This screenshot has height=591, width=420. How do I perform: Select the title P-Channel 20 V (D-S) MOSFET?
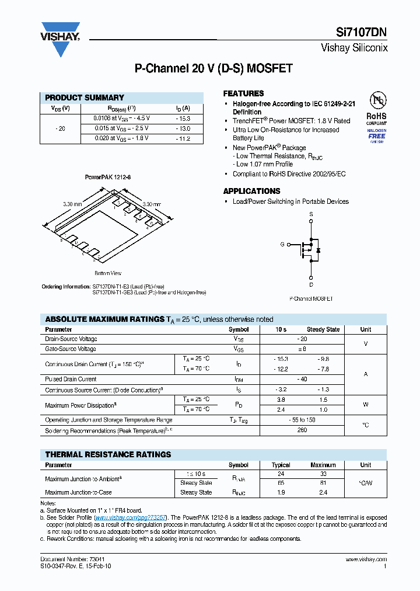(213, 68)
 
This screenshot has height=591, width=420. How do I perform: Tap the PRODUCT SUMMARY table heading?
(85, 98)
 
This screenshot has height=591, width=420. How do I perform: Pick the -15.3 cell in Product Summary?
(183, 119)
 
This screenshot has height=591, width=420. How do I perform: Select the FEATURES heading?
(243, 93)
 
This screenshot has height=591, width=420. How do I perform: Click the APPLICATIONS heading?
(251, 191)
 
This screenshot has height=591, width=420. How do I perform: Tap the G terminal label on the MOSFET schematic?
(282, 244)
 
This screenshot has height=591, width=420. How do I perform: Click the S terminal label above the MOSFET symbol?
(311, 215)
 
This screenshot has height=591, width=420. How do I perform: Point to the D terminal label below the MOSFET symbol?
(311, 285)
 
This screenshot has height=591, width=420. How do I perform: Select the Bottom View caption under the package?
(107, 273)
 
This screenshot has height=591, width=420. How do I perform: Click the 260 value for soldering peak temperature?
(302, 430)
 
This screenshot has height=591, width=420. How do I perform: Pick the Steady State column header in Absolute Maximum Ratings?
(323, 329)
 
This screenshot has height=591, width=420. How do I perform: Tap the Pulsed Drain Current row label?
(71, 380)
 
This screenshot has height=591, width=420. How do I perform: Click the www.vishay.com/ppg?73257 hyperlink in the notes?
(131, 517)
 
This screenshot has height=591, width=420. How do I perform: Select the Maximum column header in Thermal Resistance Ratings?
(323, 465)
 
